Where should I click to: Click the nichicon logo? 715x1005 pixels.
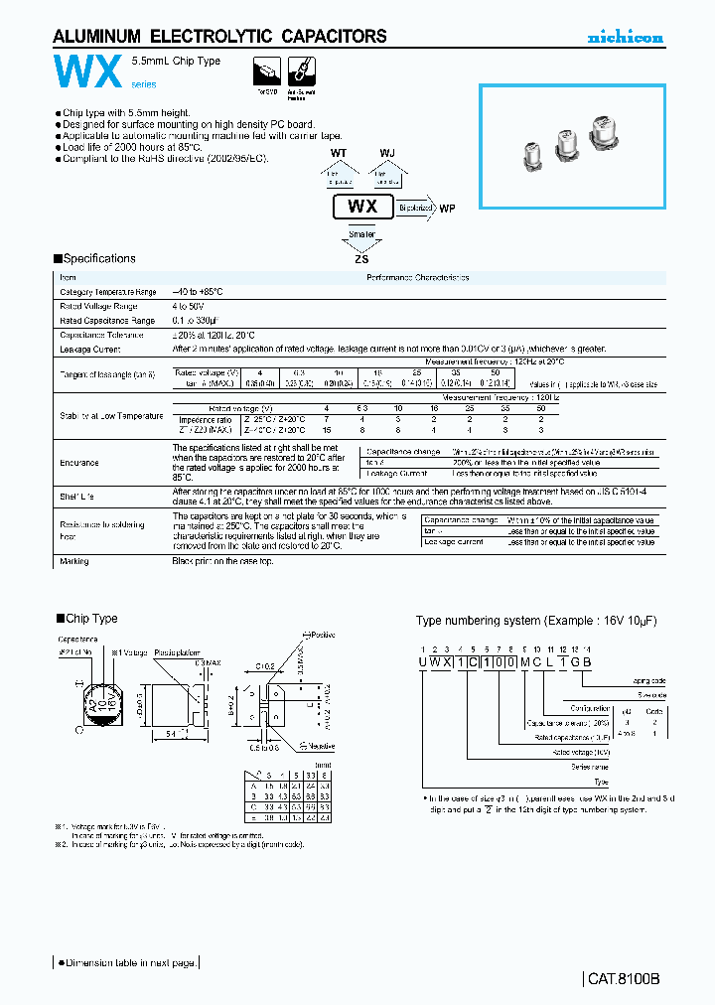pos(625,38)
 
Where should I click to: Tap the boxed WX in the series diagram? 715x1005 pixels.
pos(362,209)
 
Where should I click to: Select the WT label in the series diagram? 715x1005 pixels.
pos(339,154)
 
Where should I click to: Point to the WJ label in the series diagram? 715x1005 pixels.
pos(387,154)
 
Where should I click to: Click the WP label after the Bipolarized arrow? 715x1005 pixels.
pos(447,210)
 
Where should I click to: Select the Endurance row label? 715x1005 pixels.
pos(78,463)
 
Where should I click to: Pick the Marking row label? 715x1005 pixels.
pos(74,561)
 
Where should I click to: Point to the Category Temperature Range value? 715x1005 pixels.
pos(198,292)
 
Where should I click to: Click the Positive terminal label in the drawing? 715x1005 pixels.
pos(324,635)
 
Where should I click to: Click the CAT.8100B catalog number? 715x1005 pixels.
pos(624,978)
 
